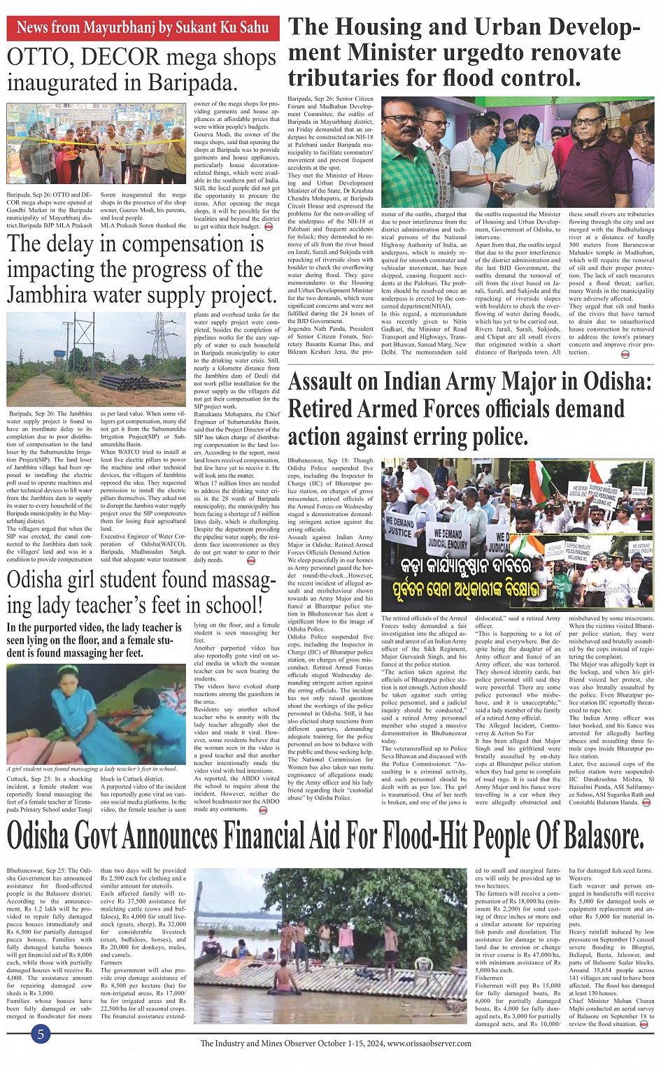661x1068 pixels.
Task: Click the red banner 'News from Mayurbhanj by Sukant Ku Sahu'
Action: click(143, 28)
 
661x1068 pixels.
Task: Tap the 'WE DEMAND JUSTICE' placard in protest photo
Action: click(400, 526)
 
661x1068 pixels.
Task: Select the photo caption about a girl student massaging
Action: click(92, 769)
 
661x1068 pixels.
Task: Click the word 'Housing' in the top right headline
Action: click(399, 27)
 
